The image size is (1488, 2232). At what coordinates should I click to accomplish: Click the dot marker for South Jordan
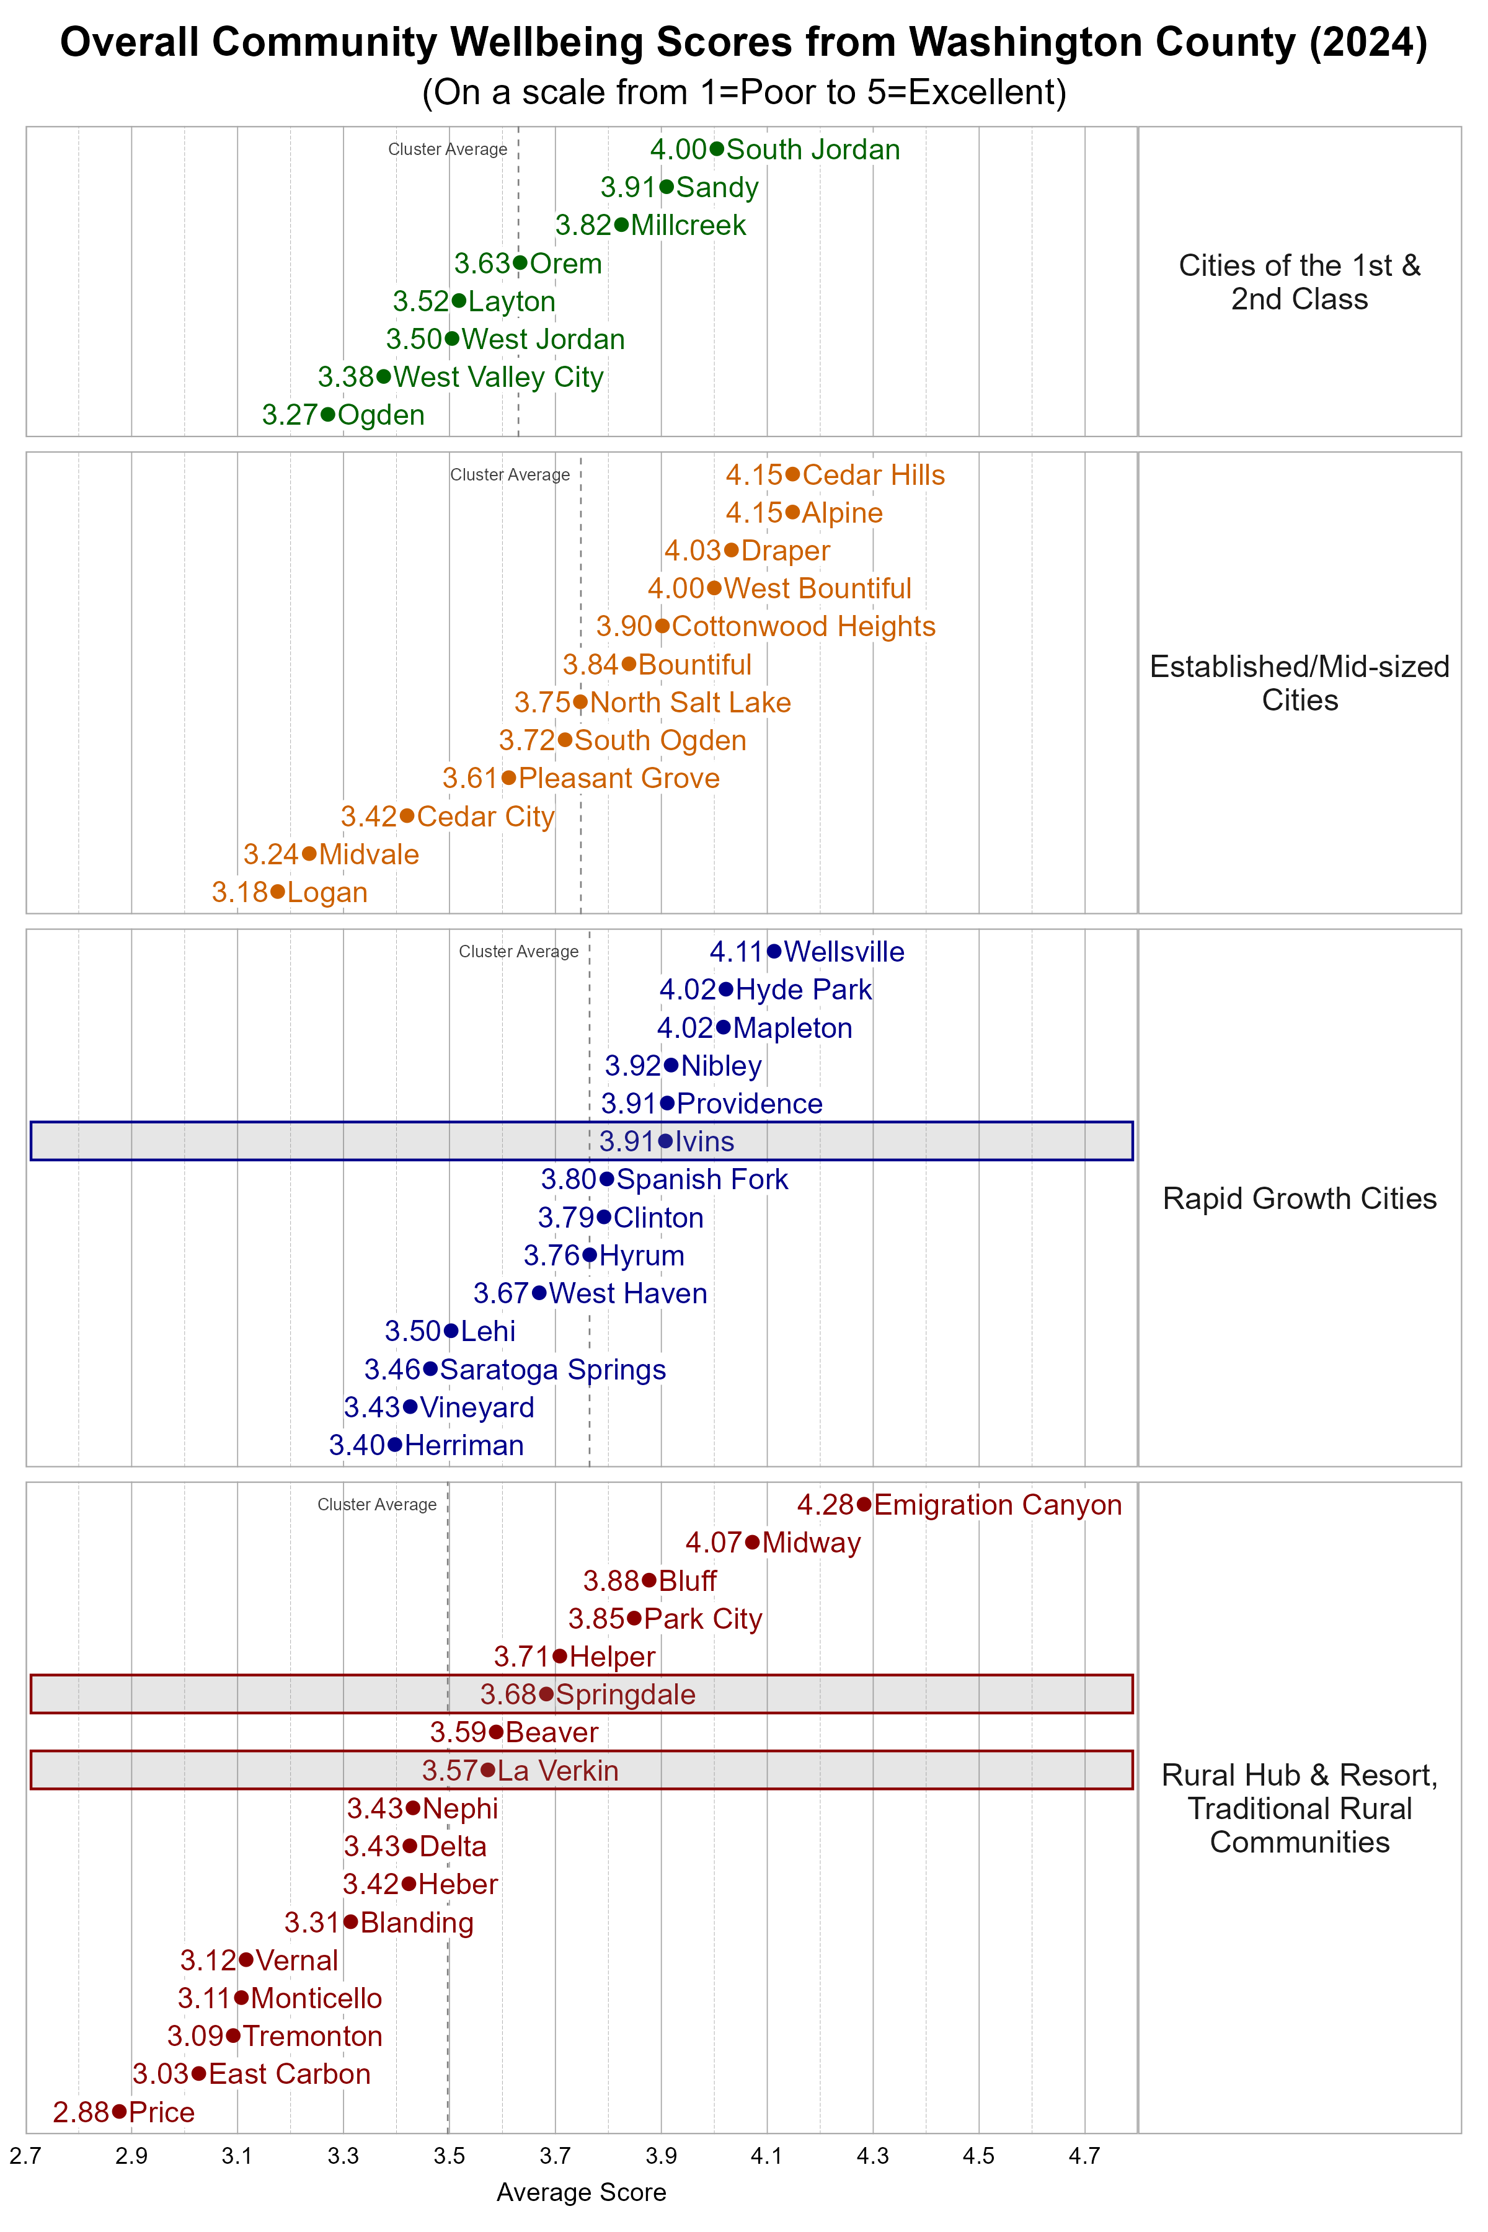pos(717,149)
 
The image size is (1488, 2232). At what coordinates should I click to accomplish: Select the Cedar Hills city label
pos(873,476)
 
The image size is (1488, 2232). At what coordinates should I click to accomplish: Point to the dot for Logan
pos(277,892)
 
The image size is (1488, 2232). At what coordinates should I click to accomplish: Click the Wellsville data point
pos(774,952)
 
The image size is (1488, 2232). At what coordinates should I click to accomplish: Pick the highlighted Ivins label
pos(705,1141)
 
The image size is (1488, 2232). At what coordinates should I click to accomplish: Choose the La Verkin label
pos(558,1771)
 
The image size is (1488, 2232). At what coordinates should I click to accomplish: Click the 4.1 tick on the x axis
pos(767,2156)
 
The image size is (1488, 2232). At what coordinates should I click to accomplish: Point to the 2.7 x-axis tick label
pos(25,2156)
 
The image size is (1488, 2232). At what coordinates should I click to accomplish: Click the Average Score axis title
pos(581,2193)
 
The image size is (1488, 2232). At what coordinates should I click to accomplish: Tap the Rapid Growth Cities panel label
pos(1299,1198)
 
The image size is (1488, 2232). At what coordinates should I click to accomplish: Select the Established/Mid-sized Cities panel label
pos(1299,683)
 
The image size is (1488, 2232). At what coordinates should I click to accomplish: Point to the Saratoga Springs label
pos(552,1370)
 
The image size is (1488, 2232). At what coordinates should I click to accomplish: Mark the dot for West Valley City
pos(383,377)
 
